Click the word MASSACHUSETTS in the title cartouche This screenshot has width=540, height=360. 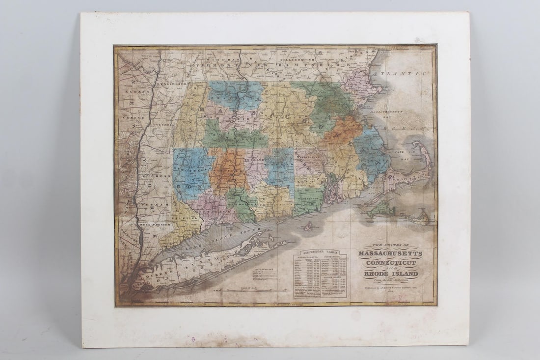tap(391, 254)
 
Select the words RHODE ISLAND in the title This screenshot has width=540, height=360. tap(391, 274)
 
